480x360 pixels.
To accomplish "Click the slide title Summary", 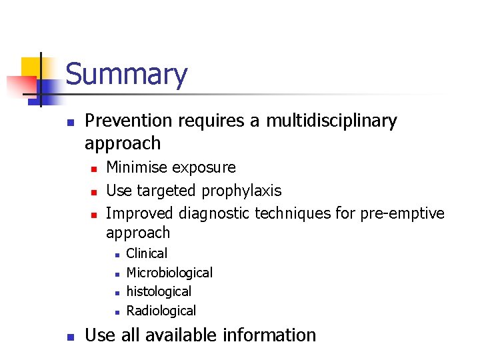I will point(126,74).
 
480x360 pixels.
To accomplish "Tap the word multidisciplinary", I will point(331,121).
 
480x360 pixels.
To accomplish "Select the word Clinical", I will point(147,253).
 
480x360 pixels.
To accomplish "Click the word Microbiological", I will point(169,273).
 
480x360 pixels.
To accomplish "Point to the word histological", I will point(159,291).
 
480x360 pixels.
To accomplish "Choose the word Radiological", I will point(161,311).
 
